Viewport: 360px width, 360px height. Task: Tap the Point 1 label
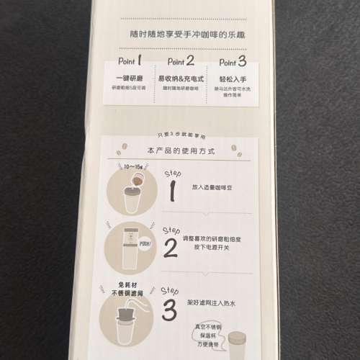[130, 62]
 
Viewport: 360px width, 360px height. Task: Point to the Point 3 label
[231, 62]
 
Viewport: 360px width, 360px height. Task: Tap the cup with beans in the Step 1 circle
[132, 197]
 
